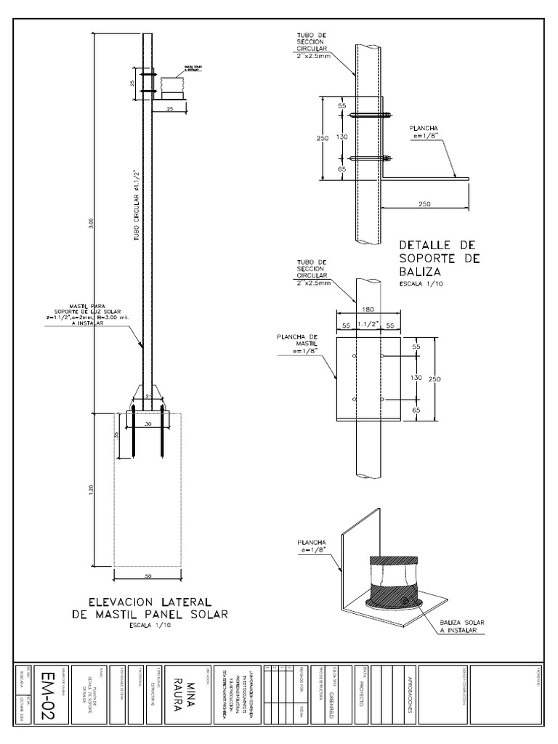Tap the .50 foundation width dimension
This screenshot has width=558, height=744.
click(x=147, y=575)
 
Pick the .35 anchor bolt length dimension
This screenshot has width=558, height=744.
click(x=117, y=434)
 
